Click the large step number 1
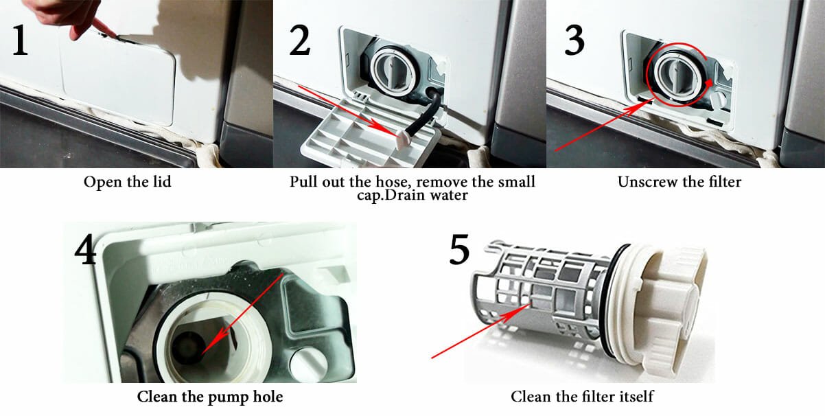coord(20,42)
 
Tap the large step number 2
coord(299,42)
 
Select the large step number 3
coord(574,41)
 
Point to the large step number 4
coord(85,252)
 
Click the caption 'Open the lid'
coord(127,183)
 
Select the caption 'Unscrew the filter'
coord(679,183)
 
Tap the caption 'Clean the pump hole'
coord(209,397)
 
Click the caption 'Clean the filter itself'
coord(582,397)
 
